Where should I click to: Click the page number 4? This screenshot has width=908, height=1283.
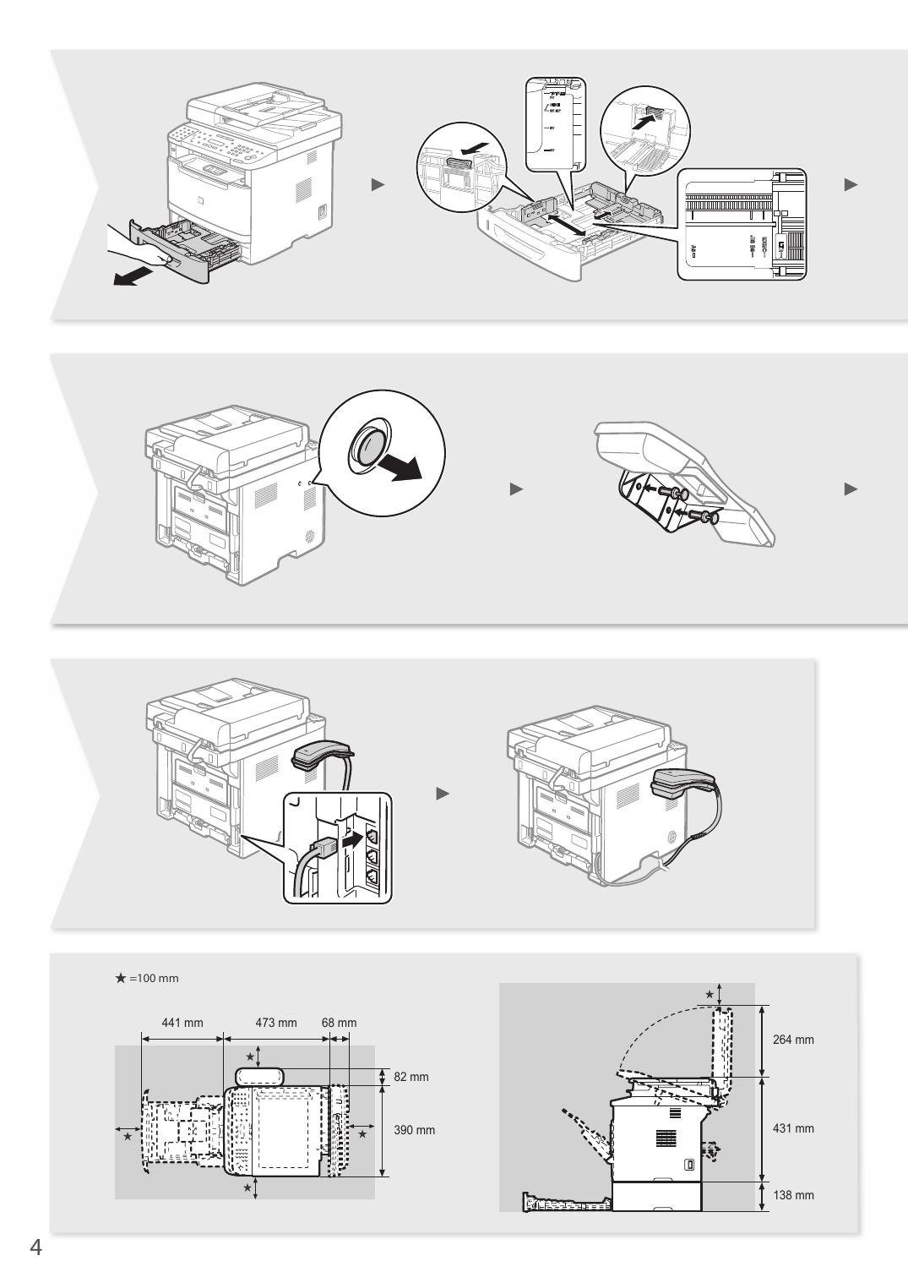click(x=35, y=1248)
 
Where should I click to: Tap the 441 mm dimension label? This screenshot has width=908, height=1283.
click(x=182, y=1023)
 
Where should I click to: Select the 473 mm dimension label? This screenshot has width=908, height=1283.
click(x=276, y=1023)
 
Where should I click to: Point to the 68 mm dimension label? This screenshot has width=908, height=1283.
click(x=339, y=1023)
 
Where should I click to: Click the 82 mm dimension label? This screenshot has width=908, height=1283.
click(x=412, y=1077)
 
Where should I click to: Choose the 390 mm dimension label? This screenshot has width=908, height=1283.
click(x=414, y=1130)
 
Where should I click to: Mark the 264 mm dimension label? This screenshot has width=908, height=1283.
click(x=793, y=1040)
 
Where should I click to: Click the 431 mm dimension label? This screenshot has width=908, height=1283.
click(x=793, y=1128)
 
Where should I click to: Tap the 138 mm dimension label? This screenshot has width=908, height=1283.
click(x=793, y=1195)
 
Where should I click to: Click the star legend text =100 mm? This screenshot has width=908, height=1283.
click(x=154, y=978)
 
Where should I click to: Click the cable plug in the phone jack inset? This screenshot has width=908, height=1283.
click(x=324, y=845)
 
